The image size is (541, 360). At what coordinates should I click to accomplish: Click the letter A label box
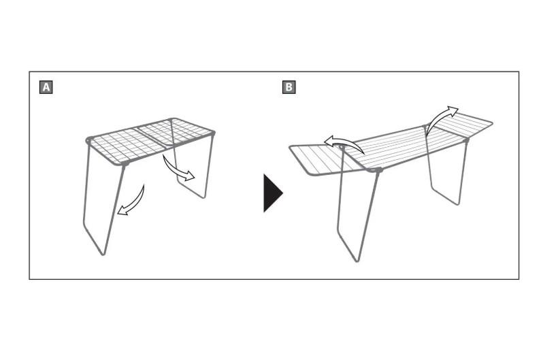46,87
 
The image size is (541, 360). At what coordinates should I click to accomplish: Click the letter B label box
289,87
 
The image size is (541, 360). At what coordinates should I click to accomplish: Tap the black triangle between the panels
273,193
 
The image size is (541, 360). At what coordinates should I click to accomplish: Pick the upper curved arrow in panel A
177,170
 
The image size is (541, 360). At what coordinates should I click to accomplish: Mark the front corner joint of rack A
125,163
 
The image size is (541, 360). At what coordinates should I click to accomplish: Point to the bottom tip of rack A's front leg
103,254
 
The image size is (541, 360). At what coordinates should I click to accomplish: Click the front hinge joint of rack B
378,170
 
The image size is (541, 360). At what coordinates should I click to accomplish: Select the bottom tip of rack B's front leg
357,261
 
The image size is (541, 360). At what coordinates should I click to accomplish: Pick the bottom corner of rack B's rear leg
458,203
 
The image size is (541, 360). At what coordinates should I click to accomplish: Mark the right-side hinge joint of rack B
466,140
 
